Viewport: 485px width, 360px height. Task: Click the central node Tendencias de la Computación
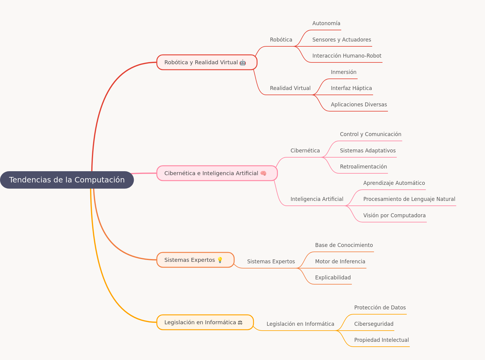pyautogui.click(x=67, y=180)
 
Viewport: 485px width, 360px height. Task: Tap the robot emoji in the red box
pyautogui.click(x=243, y=62)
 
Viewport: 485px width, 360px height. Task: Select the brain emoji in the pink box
pyautogui.click(x=263, y=173)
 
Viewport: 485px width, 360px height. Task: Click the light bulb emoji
pyautogui.click(x=220, y=260)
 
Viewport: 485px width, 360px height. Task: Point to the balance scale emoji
pyautogui.click(x=240, y=322)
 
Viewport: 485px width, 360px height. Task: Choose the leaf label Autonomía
pyautogui.click(x=326, y=23)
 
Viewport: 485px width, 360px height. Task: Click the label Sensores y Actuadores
pyautogui.click(x=342, y=40)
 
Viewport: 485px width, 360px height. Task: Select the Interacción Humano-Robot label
pyautogui.click(x=347, y=56)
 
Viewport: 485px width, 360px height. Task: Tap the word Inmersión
pyautogui.click(x=344, y=72)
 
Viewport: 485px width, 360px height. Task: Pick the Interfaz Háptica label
pyautogui.click(x=351, y=88)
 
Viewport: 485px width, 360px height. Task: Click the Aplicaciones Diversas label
pyautogui.click(x=359, y=105)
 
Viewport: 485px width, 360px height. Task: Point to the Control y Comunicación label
pyautogui.click(x=370, y=134)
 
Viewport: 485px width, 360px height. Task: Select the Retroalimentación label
pyautogui.click(x=363, y=167)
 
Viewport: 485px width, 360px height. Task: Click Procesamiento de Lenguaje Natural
pyautogui.click(x=409, y=199)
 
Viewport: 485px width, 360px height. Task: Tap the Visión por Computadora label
pyautogui.click(x=395, y=215)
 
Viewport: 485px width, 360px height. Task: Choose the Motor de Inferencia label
pyautogui.click(x=340, y=262)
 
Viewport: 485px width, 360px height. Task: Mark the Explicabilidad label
pyautogui.click(x=333, y=278)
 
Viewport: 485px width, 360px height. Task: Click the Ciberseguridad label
pyautogui.click(x=374, y=324)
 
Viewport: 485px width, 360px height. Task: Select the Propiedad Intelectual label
pyautogui.click(x=381, y=340)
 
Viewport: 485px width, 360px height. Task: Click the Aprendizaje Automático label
pyautogui.click(x=394, y=183)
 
